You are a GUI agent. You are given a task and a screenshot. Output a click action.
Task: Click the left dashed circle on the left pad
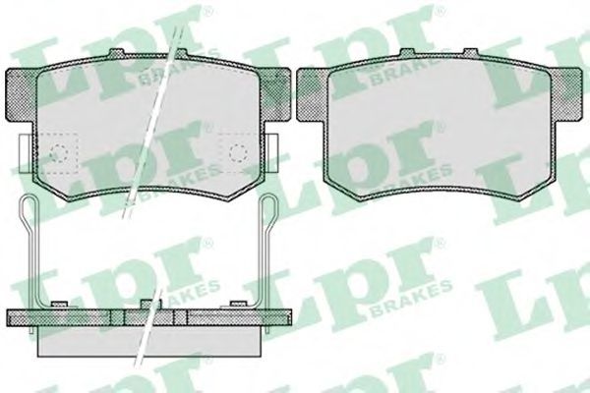coord(59,153)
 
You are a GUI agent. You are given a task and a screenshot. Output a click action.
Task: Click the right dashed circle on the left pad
coord(239,153)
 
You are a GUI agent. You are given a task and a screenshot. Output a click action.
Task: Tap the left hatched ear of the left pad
coord(22,95)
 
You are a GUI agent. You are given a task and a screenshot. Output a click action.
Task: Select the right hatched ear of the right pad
coord(566,95)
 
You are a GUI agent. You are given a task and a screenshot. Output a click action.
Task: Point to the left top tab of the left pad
coord(117,53)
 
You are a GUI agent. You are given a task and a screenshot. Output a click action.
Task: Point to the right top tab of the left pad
coord(181,53)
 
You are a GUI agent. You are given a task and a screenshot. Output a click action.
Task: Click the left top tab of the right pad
coord(407,53)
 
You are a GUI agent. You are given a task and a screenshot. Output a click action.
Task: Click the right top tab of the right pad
coord(471,53)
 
